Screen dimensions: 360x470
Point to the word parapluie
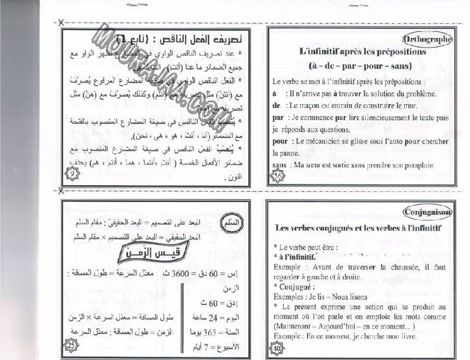pyautogui.click(x=416, y=165)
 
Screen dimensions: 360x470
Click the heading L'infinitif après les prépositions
pyautogui.click(x=362, y=52)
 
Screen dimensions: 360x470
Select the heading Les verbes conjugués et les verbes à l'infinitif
pyautogui.click(x=358, y=228)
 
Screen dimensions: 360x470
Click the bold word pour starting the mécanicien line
pyautogui.click(x=280, y=141)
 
